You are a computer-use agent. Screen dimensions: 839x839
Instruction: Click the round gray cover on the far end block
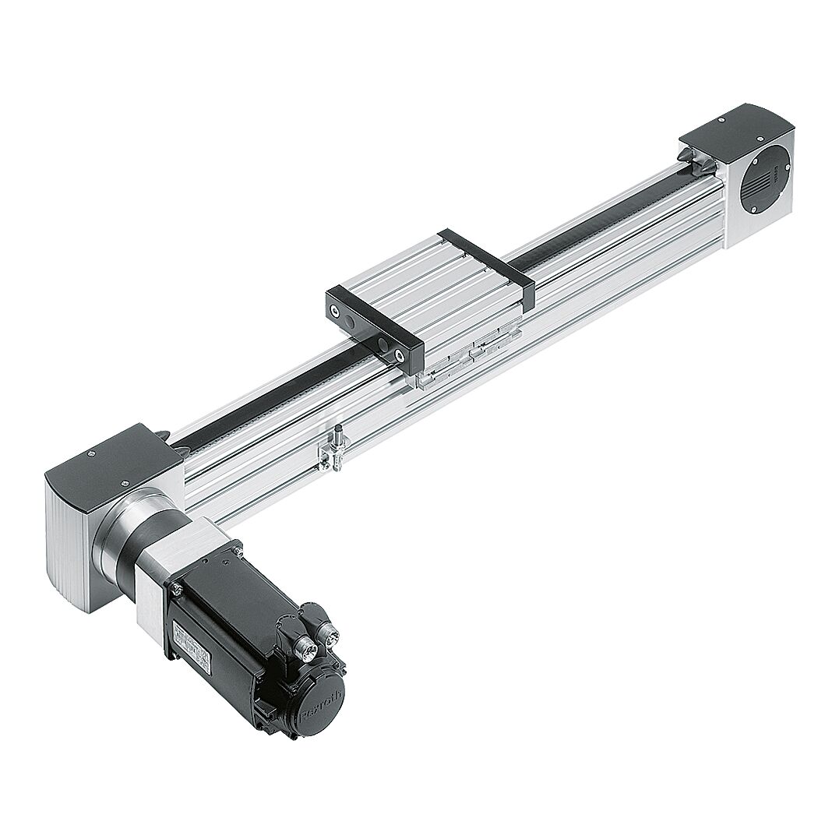pyautogui.click(x=764, y=179)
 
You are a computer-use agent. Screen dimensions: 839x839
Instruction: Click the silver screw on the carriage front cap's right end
pyautogui.click(x=400, y=354)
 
